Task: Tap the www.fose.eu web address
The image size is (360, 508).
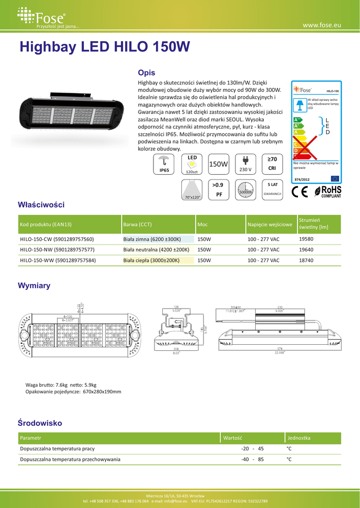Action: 321,24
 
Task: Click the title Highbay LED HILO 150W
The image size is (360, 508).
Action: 104,47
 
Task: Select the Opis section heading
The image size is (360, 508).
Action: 146,72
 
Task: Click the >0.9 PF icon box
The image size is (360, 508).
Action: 218,190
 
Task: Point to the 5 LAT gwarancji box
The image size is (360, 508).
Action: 272,190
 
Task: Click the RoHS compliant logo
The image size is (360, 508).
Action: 325,192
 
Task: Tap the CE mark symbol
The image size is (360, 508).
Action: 300,192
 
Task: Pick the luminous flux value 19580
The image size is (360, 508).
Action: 306,239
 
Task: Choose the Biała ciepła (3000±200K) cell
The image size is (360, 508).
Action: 151,260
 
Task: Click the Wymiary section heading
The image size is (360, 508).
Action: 34,286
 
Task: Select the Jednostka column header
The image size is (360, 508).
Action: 299,438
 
